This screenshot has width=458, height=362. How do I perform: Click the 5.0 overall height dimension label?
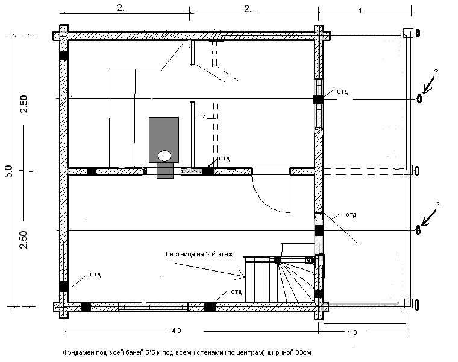click(8, 171)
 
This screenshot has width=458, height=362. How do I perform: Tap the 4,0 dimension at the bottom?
click(175, 331)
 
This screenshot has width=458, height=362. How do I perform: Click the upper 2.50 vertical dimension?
click(24, 103)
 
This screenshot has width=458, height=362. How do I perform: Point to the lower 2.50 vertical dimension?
click(24, 241)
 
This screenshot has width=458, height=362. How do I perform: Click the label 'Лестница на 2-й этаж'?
click(198, 255)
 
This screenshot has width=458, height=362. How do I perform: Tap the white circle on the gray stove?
click(164, 155)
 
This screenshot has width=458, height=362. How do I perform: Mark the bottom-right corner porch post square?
click(407, 303)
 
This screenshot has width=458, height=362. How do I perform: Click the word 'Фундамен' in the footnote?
click(77, 351)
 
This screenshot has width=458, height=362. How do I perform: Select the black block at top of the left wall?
click(63, 56)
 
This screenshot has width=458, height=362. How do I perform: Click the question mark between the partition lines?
click(203, 117)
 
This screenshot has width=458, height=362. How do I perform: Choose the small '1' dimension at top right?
click(360, 11)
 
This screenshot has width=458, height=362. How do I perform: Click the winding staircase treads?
click(295, 281)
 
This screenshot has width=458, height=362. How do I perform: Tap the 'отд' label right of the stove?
click(225, 158)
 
